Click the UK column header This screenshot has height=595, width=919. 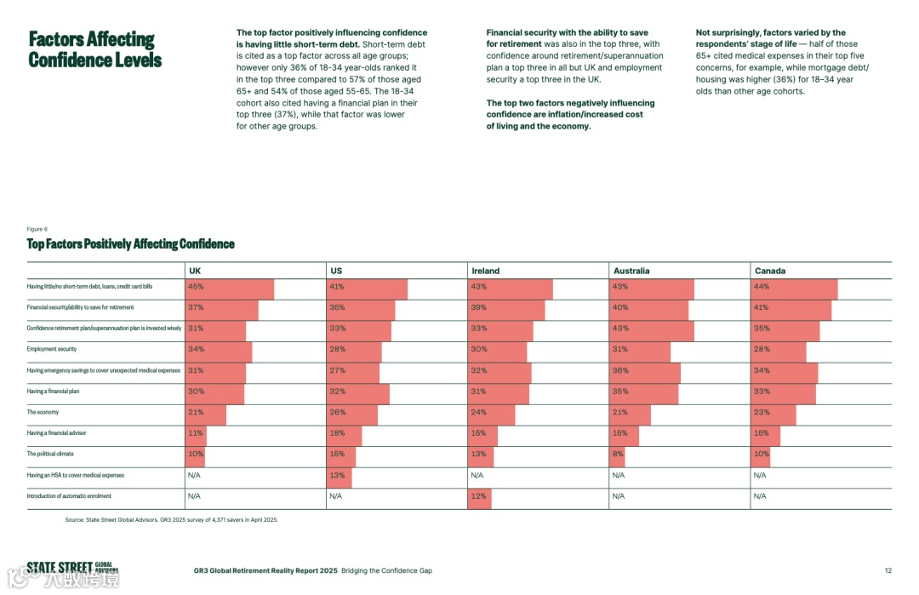pyautogui.click(x=195, y=271)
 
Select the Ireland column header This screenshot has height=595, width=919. pyautogui.click(x=485, y=271)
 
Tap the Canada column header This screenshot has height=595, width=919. pyautogui.click(x=769, y=271)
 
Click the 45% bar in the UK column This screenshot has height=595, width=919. pyautogui.click(x=230, y=289)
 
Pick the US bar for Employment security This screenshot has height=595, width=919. pyautogui.click(x=354, y=352)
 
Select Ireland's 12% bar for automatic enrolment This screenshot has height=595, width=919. pyautogui.click(x=480, y=499)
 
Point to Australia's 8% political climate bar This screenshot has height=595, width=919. pyautogui.click(x=619, y=457)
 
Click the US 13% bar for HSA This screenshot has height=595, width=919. pyautogui.click(x=340, y=478)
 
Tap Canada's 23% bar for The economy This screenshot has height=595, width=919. pyautogui.click(x=773, y=415)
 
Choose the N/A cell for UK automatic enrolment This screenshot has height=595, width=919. pyautogui.click(x=194, y=496)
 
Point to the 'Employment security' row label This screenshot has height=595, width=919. pyautogui.click(x=52, y=349)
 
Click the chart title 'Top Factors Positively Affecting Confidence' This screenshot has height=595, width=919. pyautogui.click(x=130, y=244)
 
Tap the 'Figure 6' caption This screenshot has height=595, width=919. pyautogui.click(x=37, y=229)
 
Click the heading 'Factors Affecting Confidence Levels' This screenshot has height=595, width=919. pyautogui.click(x=94, y=49)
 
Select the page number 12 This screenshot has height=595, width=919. pyautogui.click(x=888, y=571)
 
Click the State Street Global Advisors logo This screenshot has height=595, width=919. pyautogui.click(x=72, y=569)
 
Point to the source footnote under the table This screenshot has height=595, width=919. pyautogui.click(x=171, y=519)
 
